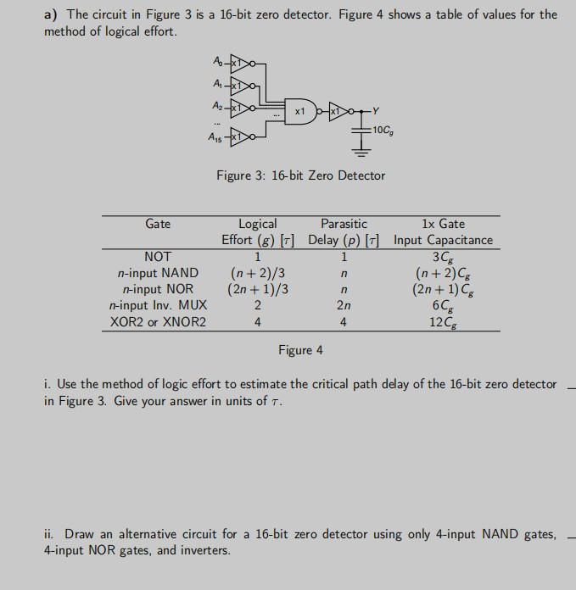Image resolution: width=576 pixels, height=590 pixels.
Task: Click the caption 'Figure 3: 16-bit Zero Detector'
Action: [300, 175]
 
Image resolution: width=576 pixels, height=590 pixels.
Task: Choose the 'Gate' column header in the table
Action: [158, 224]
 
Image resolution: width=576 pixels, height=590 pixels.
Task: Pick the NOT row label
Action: [158, 256]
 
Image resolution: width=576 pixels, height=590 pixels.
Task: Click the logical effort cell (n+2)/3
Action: [257, 273]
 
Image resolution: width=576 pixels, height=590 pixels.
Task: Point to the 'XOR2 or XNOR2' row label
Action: [158, 322]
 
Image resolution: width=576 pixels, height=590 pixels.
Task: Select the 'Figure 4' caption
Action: [300, 350]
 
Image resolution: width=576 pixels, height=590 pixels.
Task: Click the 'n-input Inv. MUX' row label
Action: [158, 305]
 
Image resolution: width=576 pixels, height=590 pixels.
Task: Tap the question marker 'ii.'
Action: [49, 534]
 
